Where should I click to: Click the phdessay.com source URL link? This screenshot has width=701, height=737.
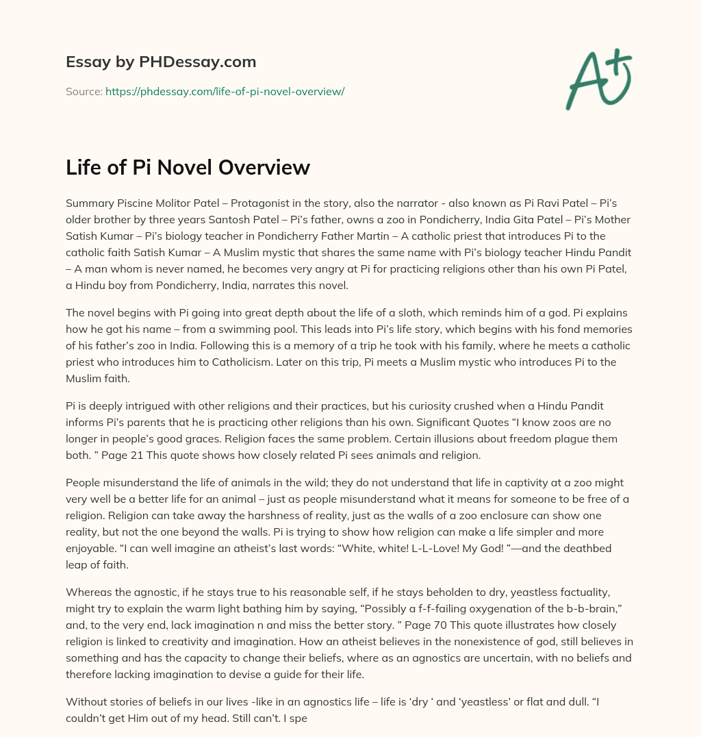click(225, 91)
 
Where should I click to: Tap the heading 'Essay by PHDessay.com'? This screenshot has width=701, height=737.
click(161, 62)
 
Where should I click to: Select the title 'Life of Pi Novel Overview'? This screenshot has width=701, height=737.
click(188, 167)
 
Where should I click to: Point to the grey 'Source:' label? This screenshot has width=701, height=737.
click(84, 91)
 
